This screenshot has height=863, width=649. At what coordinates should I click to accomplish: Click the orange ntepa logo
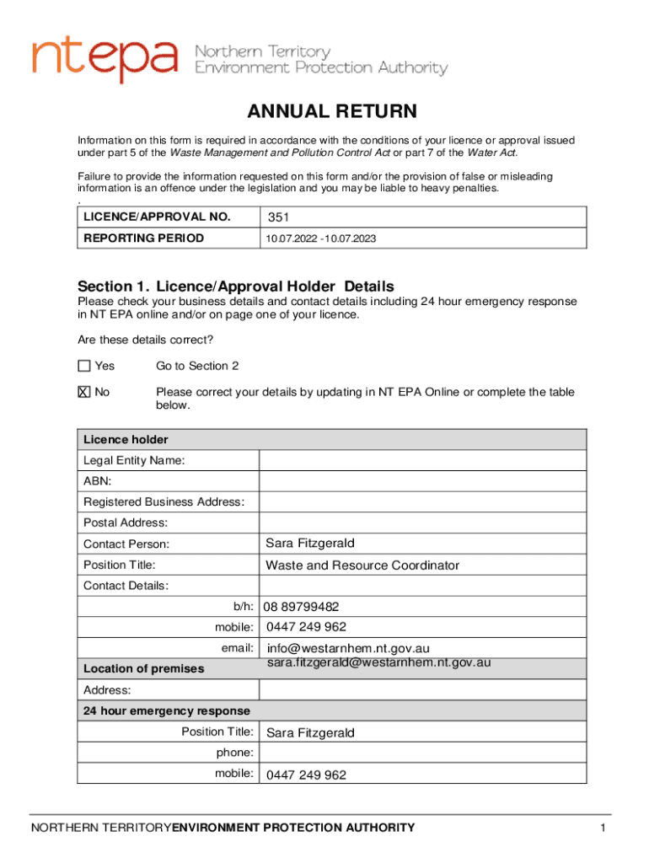(105, 59)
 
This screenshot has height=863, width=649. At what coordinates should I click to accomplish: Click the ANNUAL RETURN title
(331, 112)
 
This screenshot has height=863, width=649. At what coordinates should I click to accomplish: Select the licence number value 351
(278, 217)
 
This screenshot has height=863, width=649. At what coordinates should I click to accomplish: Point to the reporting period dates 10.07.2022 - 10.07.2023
(320, 239)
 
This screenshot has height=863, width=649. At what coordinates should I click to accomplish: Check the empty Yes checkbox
(83, 366)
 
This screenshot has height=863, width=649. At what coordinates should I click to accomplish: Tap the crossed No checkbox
(83, 392)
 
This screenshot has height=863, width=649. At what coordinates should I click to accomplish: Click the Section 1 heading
(235, 286)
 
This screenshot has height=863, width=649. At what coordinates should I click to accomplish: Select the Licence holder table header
(126, 439)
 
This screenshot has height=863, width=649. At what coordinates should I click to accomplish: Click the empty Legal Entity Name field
(421, 460)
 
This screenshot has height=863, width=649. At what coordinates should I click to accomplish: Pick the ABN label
(97, 481)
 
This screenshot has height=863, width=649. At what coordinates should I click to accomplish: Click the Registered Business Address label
(164, 502)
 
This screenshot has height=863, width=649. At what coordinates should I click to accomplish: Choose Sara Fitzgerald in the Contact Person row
(304, 543)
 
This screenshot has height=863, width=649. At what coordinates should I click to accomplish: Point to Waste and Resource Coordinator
(362, 565)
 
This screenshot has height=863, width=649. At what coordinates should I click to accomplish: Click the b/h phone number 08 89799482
(301, 607)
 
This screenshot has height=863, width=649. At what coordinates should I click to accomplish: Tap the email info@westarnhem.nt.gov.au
(348, 649)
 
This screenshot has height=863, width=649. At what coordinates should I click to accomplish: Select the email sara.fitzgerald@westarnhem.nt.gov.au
(379, 663)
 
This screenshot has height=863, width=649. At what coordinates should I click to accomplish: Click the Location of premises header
(143, 668)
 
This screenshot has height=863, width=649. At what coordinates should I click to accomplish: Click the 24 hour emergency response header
(166, 710)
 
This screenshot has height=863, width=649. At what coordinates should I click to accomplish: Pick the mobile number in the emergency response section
(306, 775)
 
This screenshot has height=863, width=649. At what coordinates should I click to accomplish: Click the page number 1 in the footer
(603, 828)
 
